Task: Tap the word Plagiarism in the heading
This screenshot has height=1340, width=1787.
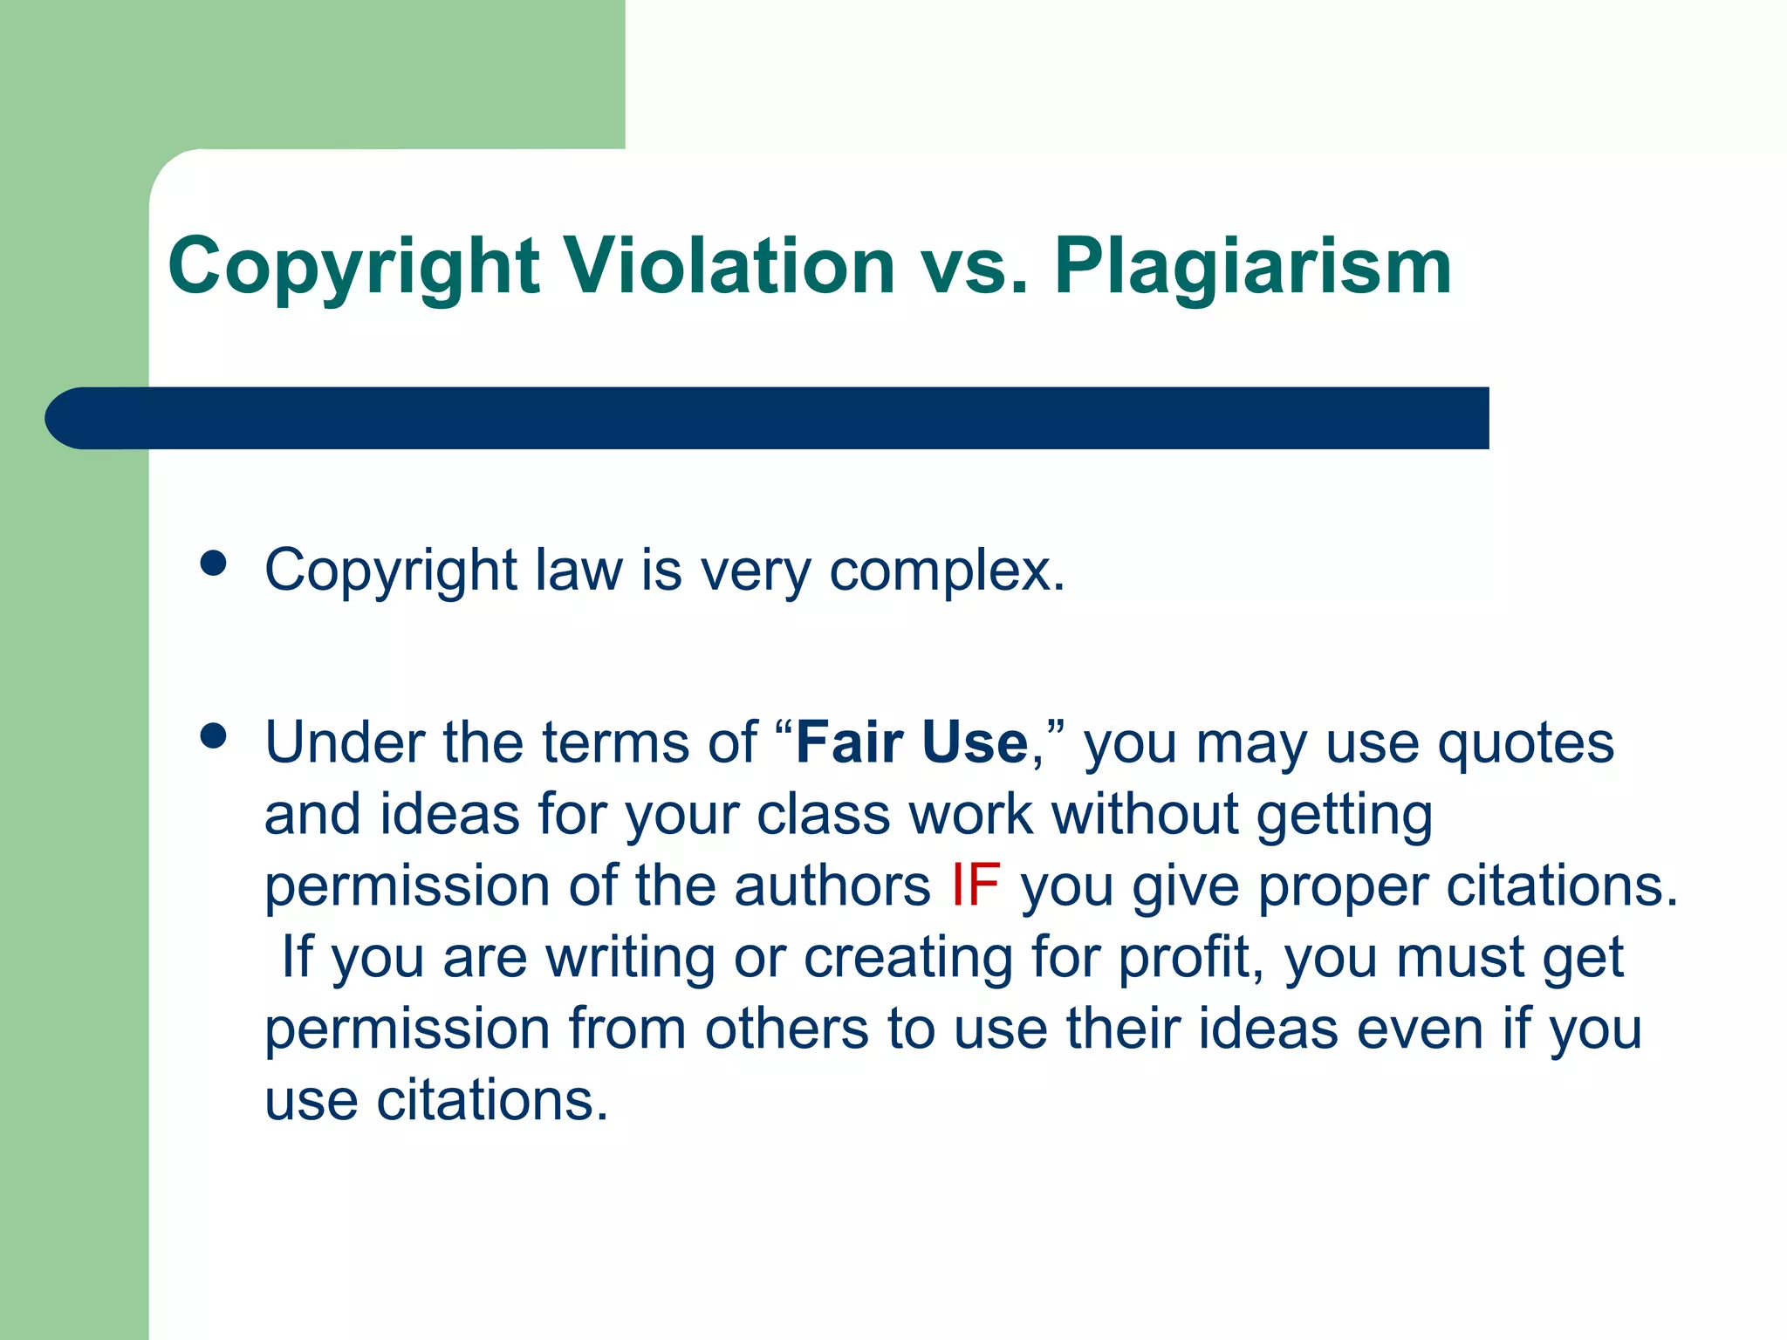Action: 1253,267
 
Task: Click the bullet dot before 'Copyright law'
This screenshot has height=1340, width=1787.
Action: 213,564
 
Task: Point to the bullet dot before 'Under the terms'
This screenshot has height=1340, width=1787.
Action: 213,736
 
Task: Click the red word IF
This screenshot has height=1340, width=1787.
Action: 976,885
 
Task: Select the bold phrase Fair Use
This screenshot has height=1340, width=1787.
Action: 912,742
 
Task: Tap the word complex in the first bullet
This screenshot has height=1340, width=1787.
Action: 946,571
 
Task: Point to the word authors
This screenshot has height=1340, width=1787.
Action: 832,886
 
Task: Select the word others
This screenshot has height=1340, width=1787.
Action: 787,1029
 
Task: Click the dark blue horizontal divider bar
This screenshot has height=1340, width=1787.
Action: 768,418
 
